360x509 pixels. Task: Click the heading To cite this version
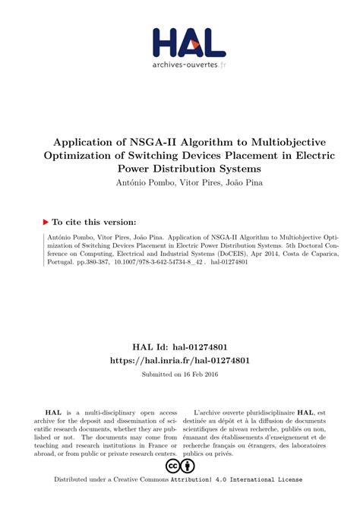pyautogui.click(x=94, y=222)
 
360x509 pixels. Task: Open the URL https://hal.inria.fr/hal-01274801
pyautogui.click(x=179, y=339)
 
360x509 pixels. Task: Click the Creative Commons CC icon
pyautogui.click(x=172, y=466)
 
